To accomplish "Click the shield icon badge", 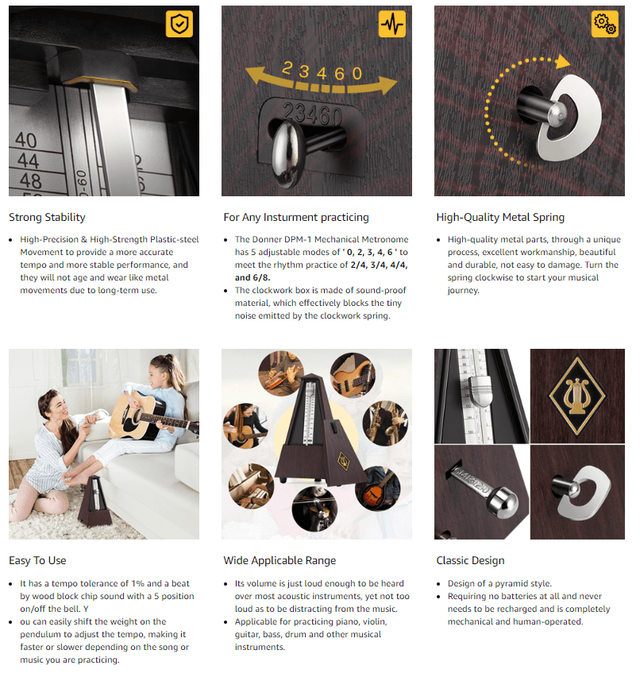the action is [179, 24].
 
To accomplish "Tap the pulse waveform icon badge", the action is [392, 24].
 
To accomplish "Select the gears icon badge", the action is [605, 24].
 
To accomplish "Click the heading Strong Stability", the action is [47, 217].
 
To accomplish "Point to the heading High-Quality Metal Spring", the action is [500, 217].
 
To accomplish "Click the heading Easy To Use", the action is [37, 560].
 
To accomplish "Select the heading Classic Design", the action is [470, 560].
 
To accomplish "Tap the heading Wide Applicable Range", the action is [280, 560].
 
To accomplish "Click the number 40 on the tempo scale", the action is [26, 141].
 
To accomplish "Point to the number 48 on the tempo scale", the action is [30, 181].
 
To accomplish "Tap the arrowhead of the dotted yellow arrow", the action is [562, 62].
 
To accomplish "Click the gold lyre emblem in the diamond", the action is [577, 396].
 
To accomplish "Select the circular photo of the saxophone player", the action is [385, 423].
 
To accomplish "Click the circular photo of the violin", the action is [314, 509].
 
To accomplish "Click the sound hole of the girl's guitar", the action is [137, 417].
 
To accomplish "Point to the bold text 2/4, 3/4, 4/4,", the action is [380, 265].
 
